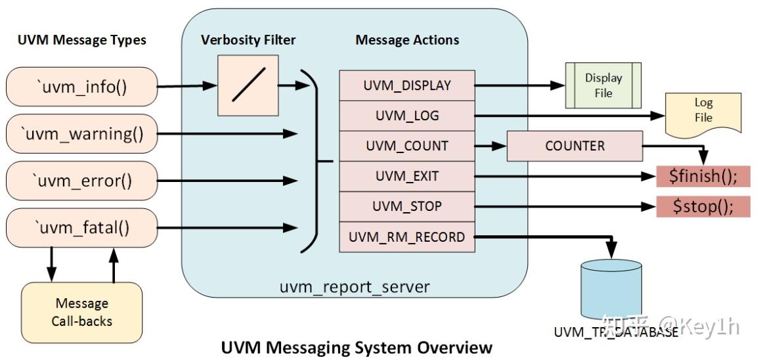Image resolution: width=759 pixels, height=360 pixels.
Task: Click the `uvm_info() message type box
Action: [81, 87]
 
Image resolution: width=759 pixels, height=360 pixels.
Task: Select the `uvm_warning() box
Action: [81, 133]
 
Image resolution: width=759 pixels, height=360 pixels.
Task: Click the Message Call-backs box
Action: [82, 313]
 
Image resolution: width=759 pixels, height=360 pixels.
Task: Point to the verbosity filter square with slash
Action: [248, 85]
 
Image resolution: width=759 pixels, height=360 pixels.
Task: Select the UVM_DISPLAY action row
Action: [407, 85]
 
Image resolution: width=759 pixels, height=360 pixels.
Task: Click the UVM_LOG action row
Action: [407, 116]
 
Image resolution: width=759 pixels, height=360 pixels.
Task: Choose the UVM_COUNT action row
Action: [407, 146]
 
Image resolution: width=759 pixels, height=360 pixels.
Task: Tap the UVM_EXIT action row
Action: [407, 176]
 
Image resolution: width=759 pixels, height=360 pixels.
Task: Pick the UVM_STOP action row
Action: [407, 206]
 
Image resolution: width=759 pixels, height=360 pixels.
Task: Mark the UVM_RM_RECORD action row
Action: [407, 237]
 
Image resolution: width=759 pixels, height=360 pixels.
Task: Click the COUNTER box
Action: [575, 146]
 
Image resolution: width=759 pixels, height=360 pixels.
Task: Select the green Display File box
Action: [603, 85]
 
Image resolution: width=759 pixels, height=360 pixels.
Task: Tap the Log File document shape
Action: [703, 110]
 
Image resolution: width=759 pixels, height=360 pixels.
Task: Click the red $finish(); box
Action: [703, 176]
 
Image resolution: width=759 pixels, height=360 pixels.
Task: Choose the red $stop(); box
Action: [703, 206]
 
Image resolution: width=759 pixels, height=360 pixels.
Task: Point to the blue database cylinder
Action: [611, 289]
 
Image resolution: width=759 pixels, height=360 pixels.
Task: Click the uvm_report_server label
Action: [355, 287]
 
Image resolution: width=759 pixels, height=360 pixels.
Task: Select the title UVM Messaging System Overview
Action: [356, 347]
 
